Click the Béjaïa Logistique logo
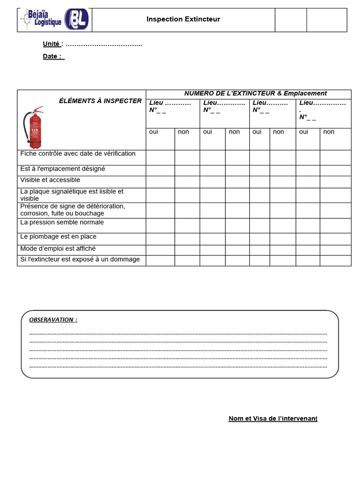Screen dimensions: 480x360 (x=54, y=20)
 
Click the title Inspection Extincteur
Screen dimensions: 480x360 (x=183, y=19)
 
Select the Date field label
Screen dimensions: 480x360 (x=53, y=56)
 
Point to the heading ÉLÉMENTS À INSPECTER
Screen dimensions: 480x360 (x=100, y=101)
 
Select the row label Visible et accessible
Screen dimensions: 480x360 (x=50, y=180)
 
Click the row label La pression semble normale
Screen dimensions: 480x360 (x=62, y=223)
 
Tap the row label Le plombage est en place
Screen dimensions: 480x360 (x=58, y=237)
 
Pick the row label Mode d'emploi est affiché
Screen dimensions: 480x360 (x=58, y=249)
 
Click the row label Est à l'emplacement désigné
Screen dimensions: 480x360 (x=62, y=169)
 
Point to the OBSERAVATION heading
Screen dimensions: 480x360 (x=53, y=320)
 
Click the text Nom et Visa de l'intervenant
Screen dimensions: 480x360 (x=273, y=418)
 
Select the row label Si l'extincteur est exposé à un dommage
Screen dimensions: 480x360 (x=80, y=260)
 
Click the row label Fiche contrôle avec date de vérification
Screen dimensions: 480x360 (x=78, y=154)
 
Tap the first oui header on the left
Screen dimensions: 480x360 (x=154, y=132)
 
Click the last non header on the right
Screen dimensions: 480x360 (x=329, y=132)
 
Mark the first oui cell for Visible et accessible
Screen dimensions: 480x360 (x=160, y=182)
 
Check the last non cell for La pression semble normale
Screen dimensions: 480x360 (x=335, y=225)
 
